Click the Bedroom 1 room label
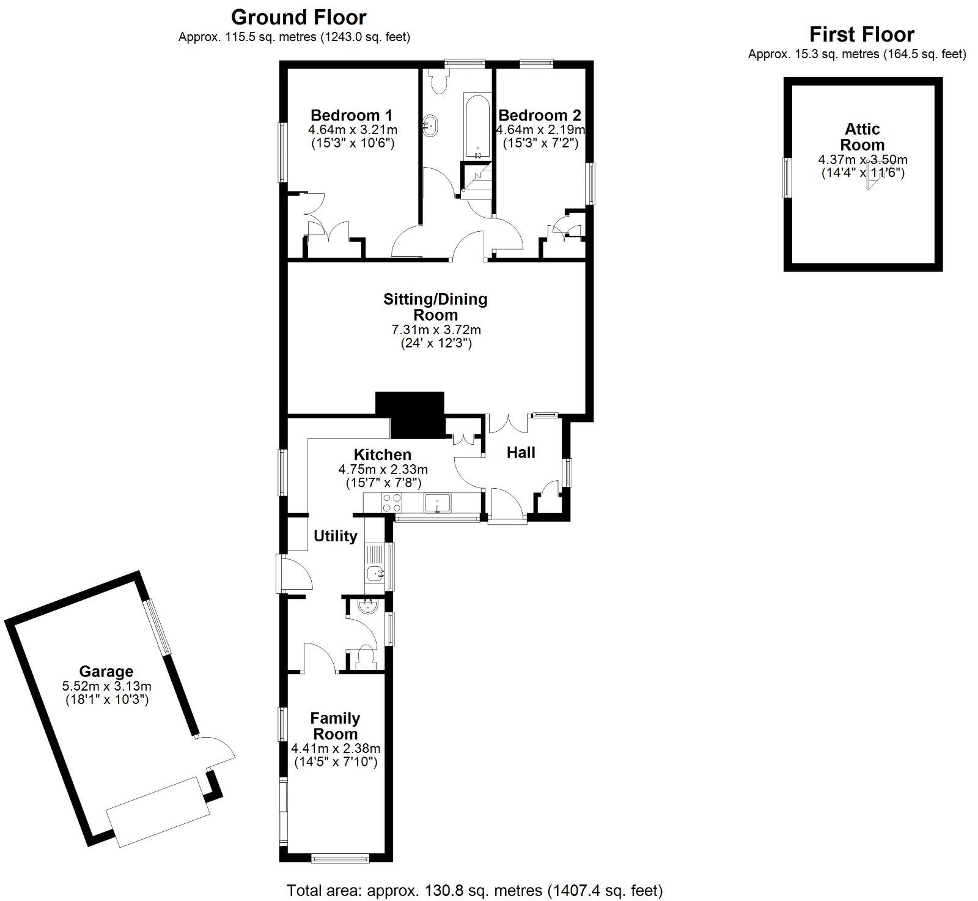(351, 115)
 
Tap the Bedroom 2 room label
(540, 115)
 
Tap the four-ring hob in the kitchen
(392, 503)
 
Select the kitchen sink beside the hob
(438, 503)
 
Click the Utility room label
(335, 536)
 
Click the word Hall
(521, 453)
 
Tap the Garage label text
(106, 671)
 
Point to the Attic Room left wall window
(787, 177)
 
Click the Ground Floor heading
(299, 17)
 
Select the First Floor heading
(861, 34)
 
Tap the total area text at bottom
(474, 889)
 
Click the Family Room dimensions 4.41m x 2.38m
(336, 748)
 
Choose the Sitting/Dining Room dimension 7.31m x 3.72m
(436, 330)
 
